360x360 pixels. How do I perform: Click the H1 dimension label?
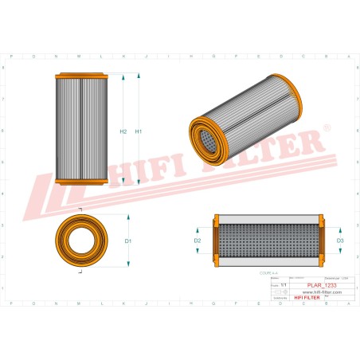pos(139,131)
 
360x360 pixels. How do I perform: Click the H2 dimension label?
pos(123,131)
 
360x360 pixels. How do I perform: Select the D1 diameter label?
pos(128,241)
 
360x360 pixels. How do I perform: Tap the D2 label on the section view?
pos(198,241)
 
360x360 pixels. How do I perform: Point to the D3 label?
pos(340,241)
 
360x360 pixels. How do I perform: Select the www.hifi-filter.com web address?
pos(309,292)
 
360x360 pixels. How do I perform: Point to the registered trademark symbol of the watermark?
pos(327,127)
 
